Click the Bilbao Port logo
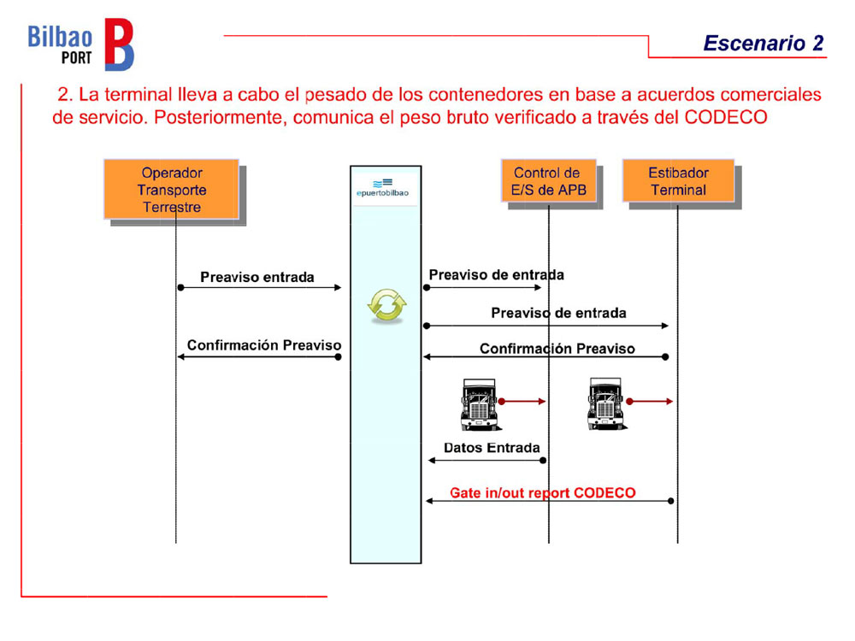81,44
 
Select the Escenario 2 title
764,44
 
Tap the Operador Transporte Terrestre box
172,189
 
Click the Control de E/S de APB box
548,181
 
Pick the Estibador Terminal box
678,181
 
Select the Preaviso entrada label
256,277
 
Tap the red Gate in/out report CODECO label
543,493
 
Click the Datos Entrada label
492,448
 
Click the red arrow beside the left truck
522,400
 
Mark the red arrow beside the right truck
651,400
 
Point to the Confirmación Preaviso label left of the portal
264,345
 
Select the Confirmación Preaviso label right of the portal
557,349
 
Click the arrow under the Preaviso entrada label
260,288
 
